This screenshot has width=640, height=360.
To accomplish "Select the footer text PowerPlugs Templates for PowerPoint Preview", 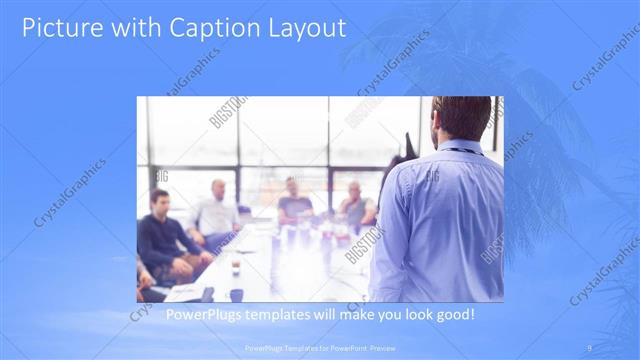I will [319, 348].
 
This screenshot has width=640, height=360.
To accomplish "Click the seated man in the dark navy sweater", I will [160, 235].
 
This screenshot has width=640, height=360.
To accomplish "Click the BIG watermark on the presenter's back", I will [433, 177].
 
